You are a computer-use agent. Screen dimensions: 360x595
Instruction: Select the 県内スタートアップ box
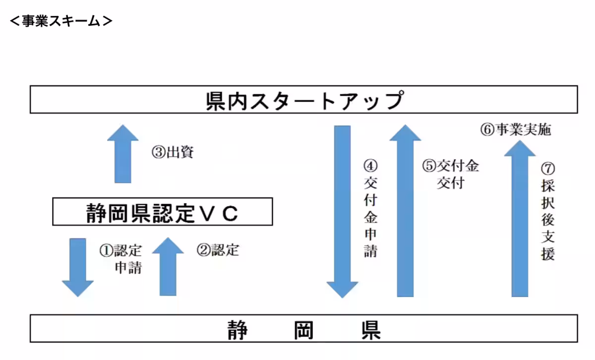[x=303, y=100]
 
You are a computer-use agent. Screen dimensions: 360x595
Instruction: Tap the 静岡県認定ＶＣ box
[x=163, y=212]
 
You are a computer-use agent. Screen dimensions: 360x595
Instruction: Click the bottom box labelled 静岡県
[x=303, y=328]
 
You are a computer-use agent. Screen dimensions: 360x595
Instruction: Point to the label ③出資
[x=173, y=152]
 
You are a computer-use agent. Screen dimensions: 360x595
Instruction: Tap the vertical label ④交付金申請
[x=370, y=208]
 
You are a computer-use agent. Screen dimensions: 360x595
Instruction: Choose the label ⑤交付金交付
[x=451, y=174]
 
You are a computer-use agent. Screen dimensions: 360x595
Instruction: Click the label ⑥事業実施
[x=515, y=130]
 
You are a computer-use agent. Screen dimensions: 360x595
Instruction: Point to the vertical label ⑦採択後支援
[x=548, y=211]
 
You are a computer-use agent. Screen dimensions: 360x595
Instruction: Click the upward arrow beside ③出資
[x=123, y=154]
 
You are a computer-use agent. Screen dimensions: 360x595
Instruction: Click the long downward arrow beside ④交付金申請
[x=342, y=211]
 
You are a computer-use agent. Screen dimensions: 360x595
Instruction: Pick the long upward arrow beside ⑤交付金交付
[x=405, y=211]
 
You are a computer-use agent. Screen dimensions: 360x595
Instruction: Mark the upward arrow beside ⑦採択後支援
[x=519, y=218]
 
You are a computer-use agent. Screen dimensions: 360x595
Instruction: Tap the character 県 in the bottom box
[x=367, y=328]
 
